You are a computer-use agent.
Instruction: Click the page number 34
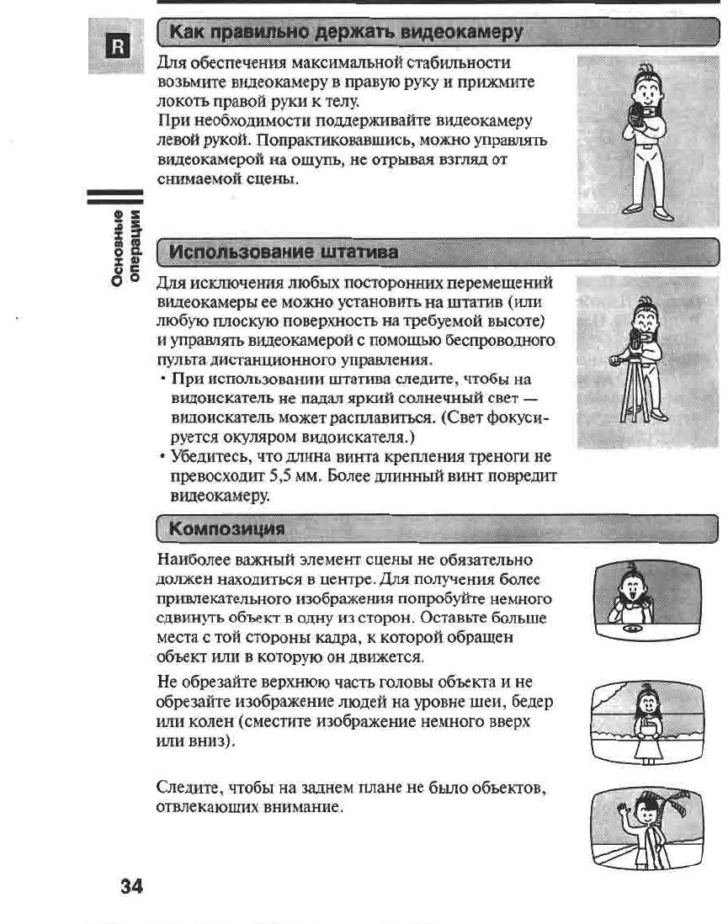(x=131, y=886)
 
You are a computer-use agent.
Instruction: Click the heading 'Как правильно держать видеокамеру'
(x=346, y=33)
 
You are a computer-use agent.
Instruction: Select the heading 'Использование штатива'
(x=284, y=252)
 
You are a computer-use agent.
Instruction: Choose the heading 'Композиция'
(x=226, y=528)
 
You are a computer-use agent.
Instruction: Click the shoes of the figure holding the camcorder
(x=648, y=210)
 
